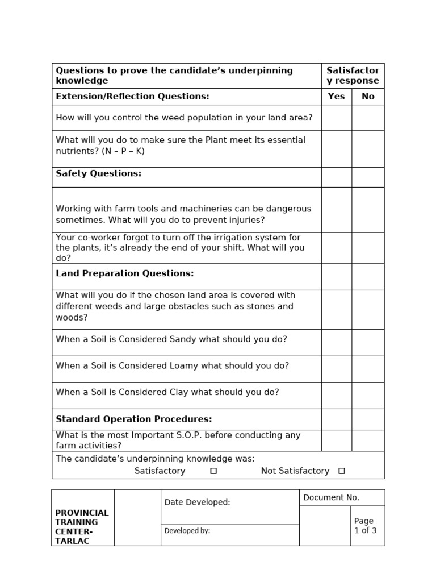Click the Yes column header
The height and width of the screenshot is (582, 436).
(x=336, y=97)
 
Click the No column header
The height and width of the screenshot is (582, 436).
(x=368, y=97)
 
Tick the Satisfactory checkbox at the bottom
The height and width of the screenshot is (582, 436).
(x=213, y=471)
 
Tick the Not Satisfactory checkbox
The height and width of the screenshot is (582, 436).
(x=341, y=471)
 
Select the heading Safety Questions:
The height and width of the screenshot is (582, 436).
(x=99, y=174)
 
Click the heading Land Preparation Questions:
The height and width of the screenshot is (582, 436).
(x=125, y=273)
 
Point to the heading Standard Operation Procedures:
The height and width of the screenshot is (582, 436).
(x=134, y=419)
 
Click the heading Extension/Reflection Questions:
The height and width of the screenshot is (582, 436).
(x=132, y=97)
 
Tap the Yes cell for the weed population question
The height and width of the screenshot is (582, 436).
(x=336, y=118)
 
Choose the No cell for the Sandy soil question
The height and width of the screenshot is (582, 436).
(x=368, y=343)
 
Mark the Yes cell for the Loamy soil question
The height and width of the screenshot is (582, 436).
(x=336, y=369)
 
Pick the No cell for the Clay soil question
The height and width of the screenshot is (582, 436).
(x=368, y=395)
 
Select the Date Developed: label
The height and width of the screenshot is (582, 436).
(x=197, y=502)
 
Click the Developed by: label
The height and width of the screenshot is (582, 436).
(x=187, y=531)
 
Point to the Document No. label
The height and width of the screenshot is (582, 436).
(x=331, y=498)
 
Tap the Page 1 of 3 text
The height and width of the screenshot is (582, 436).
(x=365, y=526)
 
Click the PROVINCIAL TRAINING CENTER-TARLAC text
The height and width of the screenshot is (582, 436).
(x=82, y=527)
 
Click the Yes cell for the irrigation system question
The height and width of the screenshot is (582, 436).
(x=336, y=248)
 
